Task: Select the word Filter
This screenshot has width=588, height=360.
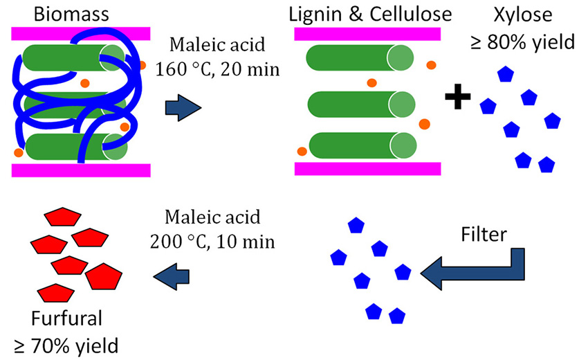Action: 485,235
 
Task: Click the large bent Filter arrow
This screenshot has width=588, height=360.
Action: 477,267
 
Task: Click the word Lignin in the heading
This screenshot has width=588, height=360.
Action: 323,14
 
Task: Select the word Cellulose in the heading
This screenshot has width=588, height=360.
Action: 403,14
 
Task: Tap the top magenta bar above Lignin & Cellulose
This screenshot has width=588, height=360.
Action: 367,35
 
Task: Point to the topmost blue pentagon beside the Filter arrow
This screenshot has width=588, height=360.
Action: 356,225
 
